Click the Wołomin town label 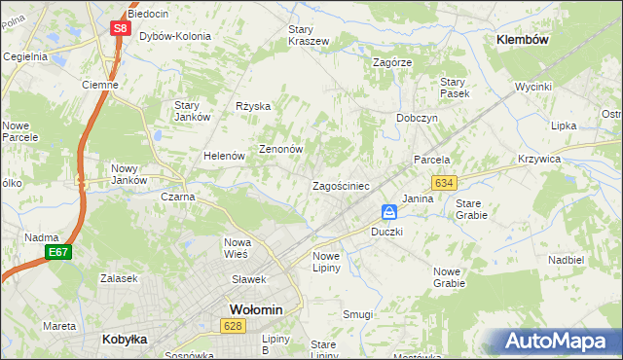tap(255, 309)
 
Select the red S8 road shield tap(119, 28)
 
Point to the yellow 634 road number tap(445, 183)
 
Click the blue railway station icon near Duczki tap(388, 212)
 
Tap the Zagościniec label tap(340, 186)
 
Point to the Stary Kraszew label tap(308, 36)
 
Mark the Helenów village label tap(222, 157)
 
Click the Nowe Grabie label tap(449, 277)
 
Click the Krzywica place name tap(567, 159)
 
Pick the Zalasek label tap(118, 278)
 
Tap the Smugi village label tap(358, 314)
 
